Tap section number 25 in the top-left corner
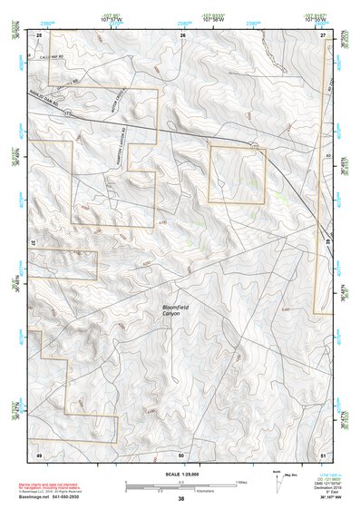39,34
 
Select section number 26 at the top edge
182,34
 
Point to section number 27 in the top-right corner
322,34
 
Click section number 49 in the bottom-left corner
39,454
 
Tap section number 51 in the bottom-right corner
322,454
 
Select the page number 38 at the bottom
181,498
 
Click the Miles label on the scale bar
240,481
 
